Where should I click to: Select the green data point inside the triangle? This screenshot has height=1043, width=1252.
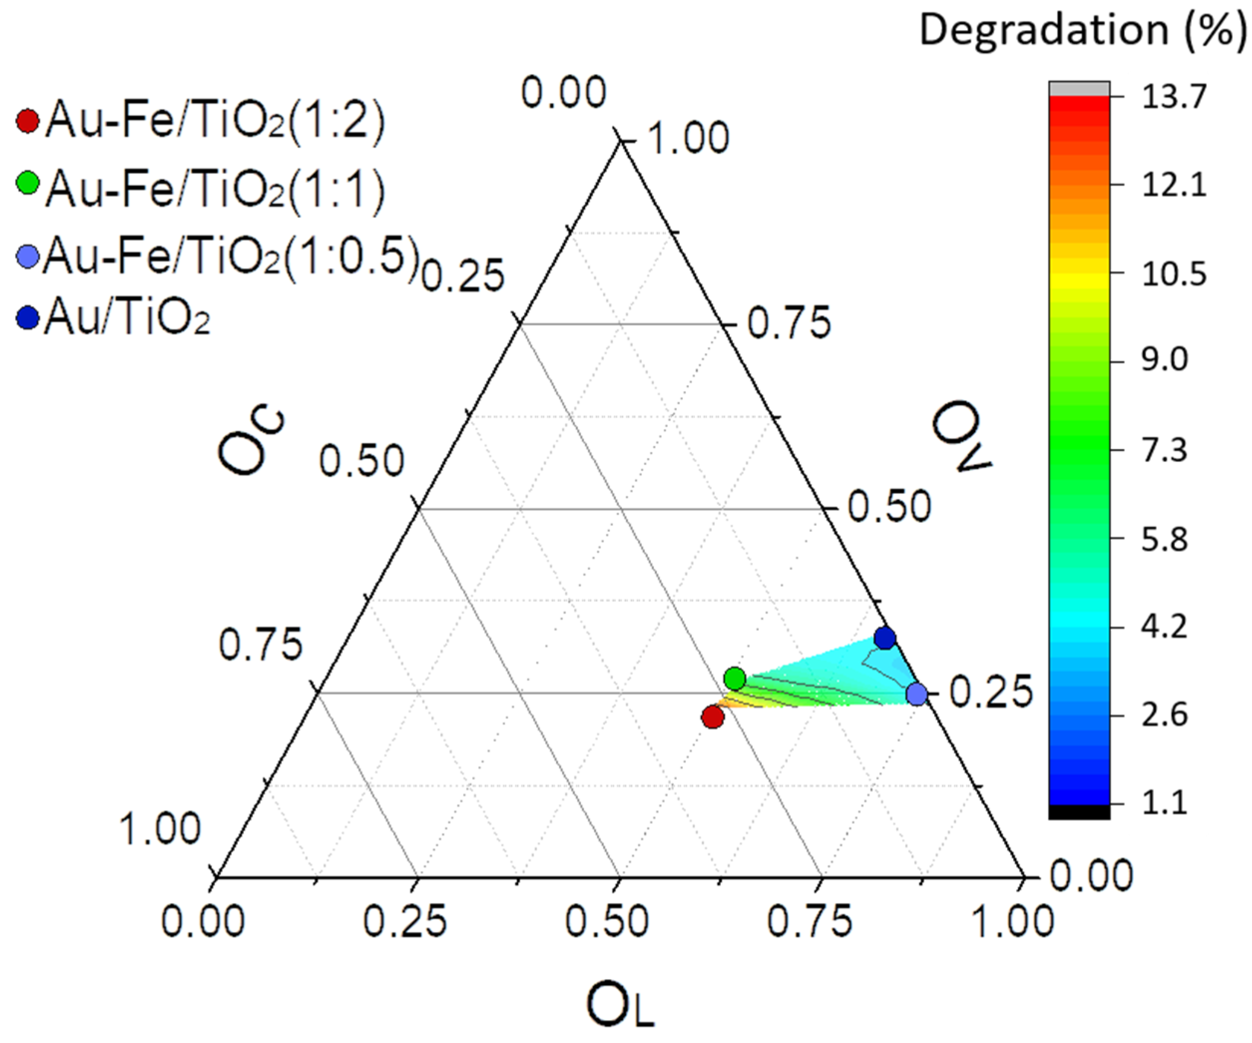[x=735, y=678]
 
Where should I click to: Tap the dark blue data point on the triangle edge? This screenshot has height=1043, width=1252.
[x=885, y=638]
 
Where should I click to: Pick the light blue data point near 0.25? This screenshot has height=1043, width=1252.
[x=916, y=693]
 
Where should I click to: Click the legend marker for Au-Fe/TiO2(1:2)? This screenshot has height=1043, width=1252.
[x=27, y=121]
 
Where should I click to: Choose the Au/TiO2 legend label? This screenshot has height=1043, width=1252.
[x=128, y=317]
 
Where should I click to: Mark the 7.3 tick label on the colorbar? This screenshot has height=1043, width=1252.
[x=1164, y=449]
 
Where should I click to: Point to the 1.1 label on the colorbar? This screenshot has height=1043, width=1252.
[x=1164, y=803]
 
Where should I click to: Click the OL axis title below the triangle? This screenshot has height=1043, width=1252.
[x=620, y=1006]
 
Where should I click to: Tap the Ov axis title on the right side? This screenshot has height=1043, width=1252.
[x=961, y=436]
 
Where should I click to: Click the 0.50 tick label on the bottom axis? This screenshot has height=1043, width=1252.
[x=607, y=921]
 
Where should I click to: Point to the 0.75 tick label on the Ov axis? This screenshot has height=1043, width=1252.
[x=789, y=323]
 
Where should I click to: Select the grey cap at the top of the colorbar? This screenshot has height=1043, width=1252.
[x=1079, y=88]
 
